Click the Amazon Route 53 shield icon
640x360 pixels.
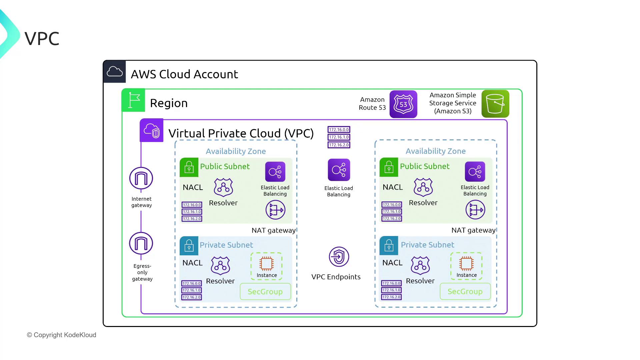click(403, 104)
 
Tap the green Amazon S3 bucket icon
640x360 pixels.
click(495, 104)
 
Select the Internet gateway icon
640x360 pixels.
click(141, 178)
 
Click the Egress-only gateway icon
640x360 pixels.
click(141, 243)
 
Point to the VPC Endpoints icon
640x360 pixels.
click(339, 257)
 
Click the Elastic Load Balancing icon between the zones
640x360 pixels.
click(339, 170)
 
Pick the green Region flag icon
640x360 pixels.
click(133, 100)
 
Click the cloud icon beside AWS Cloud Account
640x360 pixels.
click(115, 72)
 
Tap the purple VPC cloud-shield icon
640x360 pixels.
click(152, 130)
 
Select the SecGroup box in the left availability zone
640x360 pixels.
click(265, 292)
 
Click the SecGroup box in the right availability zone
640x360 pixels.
click(465, 291)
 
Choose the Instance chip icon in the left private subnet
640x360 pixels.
click(266, 264)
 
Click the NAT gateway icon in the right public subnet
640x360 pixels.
click(475, 210)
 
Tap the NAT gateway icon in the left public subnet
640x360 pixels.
click(275, 210)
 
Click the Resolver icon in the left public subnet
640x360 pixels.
click(223, 187)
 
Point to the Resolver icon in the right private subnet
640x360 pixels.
click(420, 265)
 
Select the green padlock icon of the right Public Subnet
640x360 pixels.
click(389, 167)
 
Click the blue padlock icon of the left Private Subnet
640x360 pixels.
click(189, 246)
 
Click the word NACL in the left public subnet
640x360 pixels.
click(193, 187)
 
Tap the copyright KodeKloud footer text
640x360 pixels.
click(62, 335)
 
